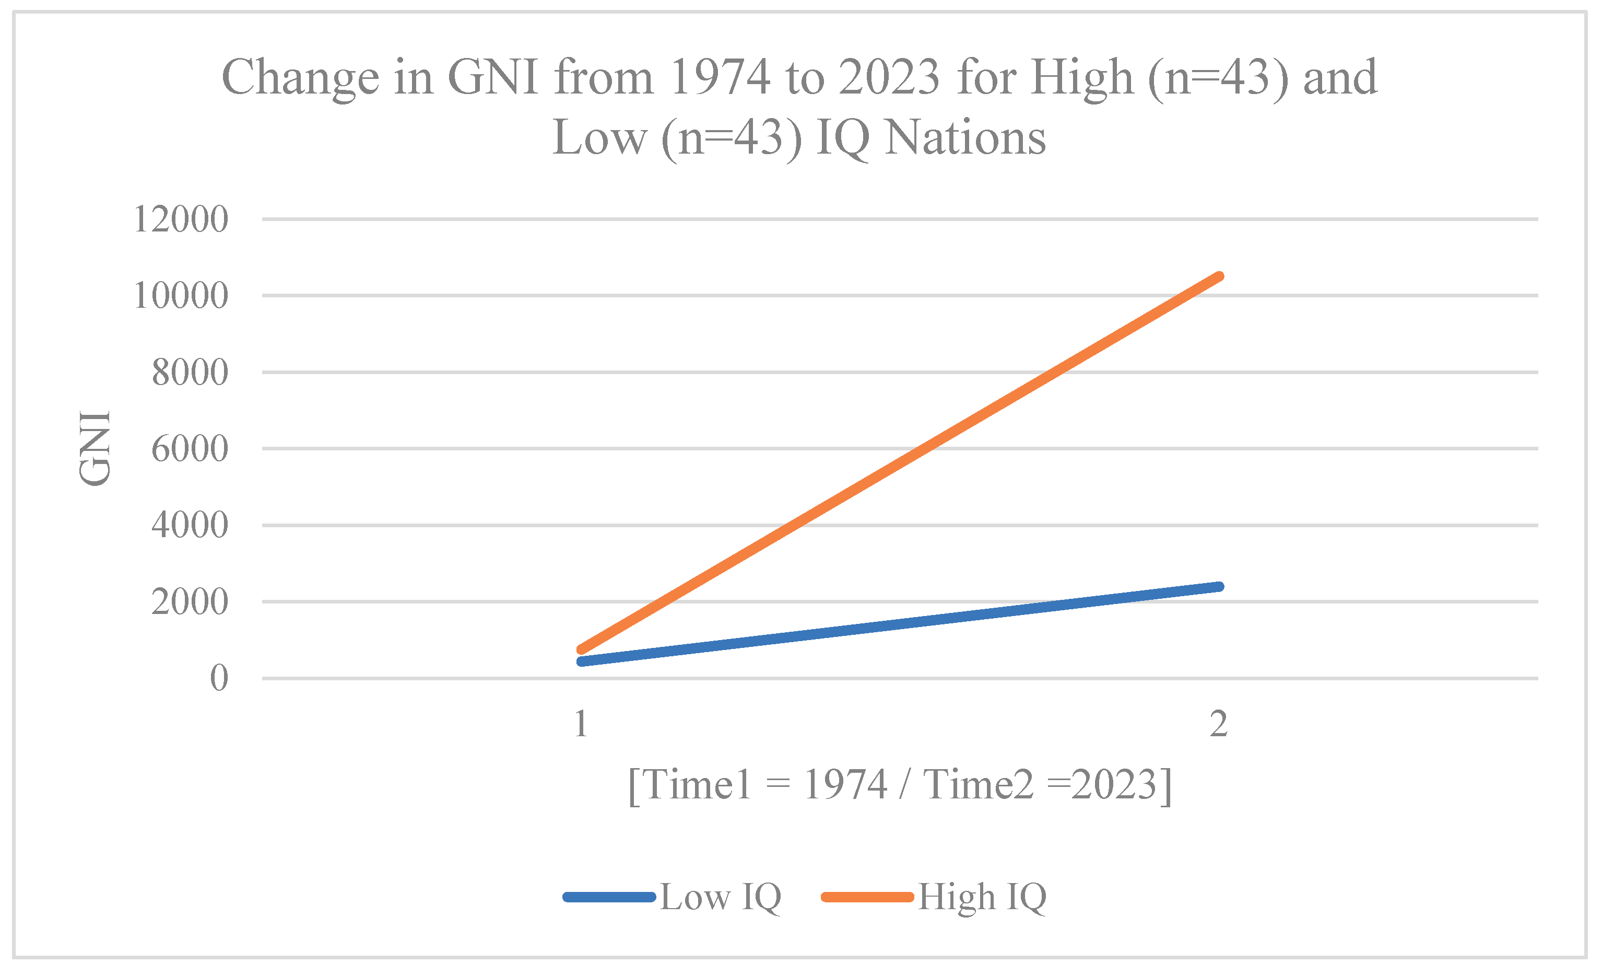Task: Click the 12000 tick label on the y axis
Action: coord(181,219)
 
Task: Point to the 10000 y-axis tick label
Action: coord(181,296)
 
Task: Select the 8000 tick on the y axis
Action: coord(190,373)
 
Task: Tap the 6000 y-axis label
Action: coord(190,449)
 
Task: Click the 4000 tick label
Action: coord(190,525)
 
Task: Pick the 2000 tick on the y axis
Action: coord(190,601)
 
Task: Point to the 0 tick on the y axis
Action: coord(219,678)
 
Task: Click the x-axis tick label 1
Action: coord(581,724)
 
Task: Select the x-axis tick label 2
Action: coord(1218,724)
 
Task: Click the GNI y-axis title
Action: coord(95,448)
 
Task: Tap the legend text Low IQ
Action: coord(721,897)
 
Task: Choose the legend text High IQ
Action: coord(982,897)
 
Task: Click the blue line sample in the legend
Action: coord(609,898)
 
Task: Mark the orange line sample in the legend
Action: coord(867,898)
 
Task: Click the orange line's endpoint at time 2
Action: coord(1220,276)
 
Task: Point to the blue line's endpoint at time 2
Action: coord(1220,587)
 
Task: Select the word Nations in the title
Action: coord(965,138)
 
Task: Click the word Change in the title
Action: coord(300,78)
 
